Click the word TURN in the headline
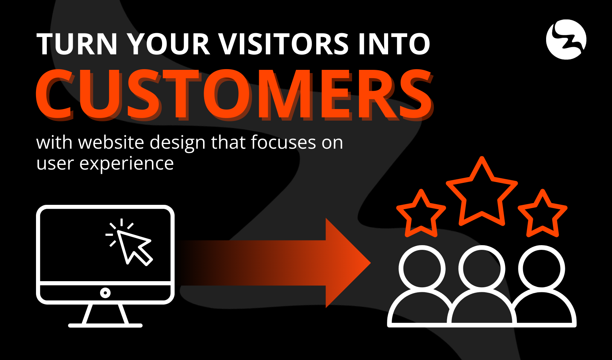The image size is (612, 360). (77, 44)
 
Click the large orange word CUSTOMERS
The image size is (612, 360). (234, 94)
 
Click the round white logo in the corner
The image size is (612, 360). (566, 40)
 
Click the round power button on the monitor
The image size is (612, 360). (105, 293)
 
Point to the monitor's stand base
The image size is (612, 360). (105, 325)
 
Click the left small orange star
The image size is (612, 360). (421, 215)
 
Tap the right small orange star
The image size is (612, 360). (543, 215)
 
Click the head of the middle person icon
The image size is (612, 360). (482, 269)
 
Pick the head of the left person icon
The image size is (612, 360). (422, 269)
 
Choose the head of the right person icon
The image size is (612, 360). (541, 269)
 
